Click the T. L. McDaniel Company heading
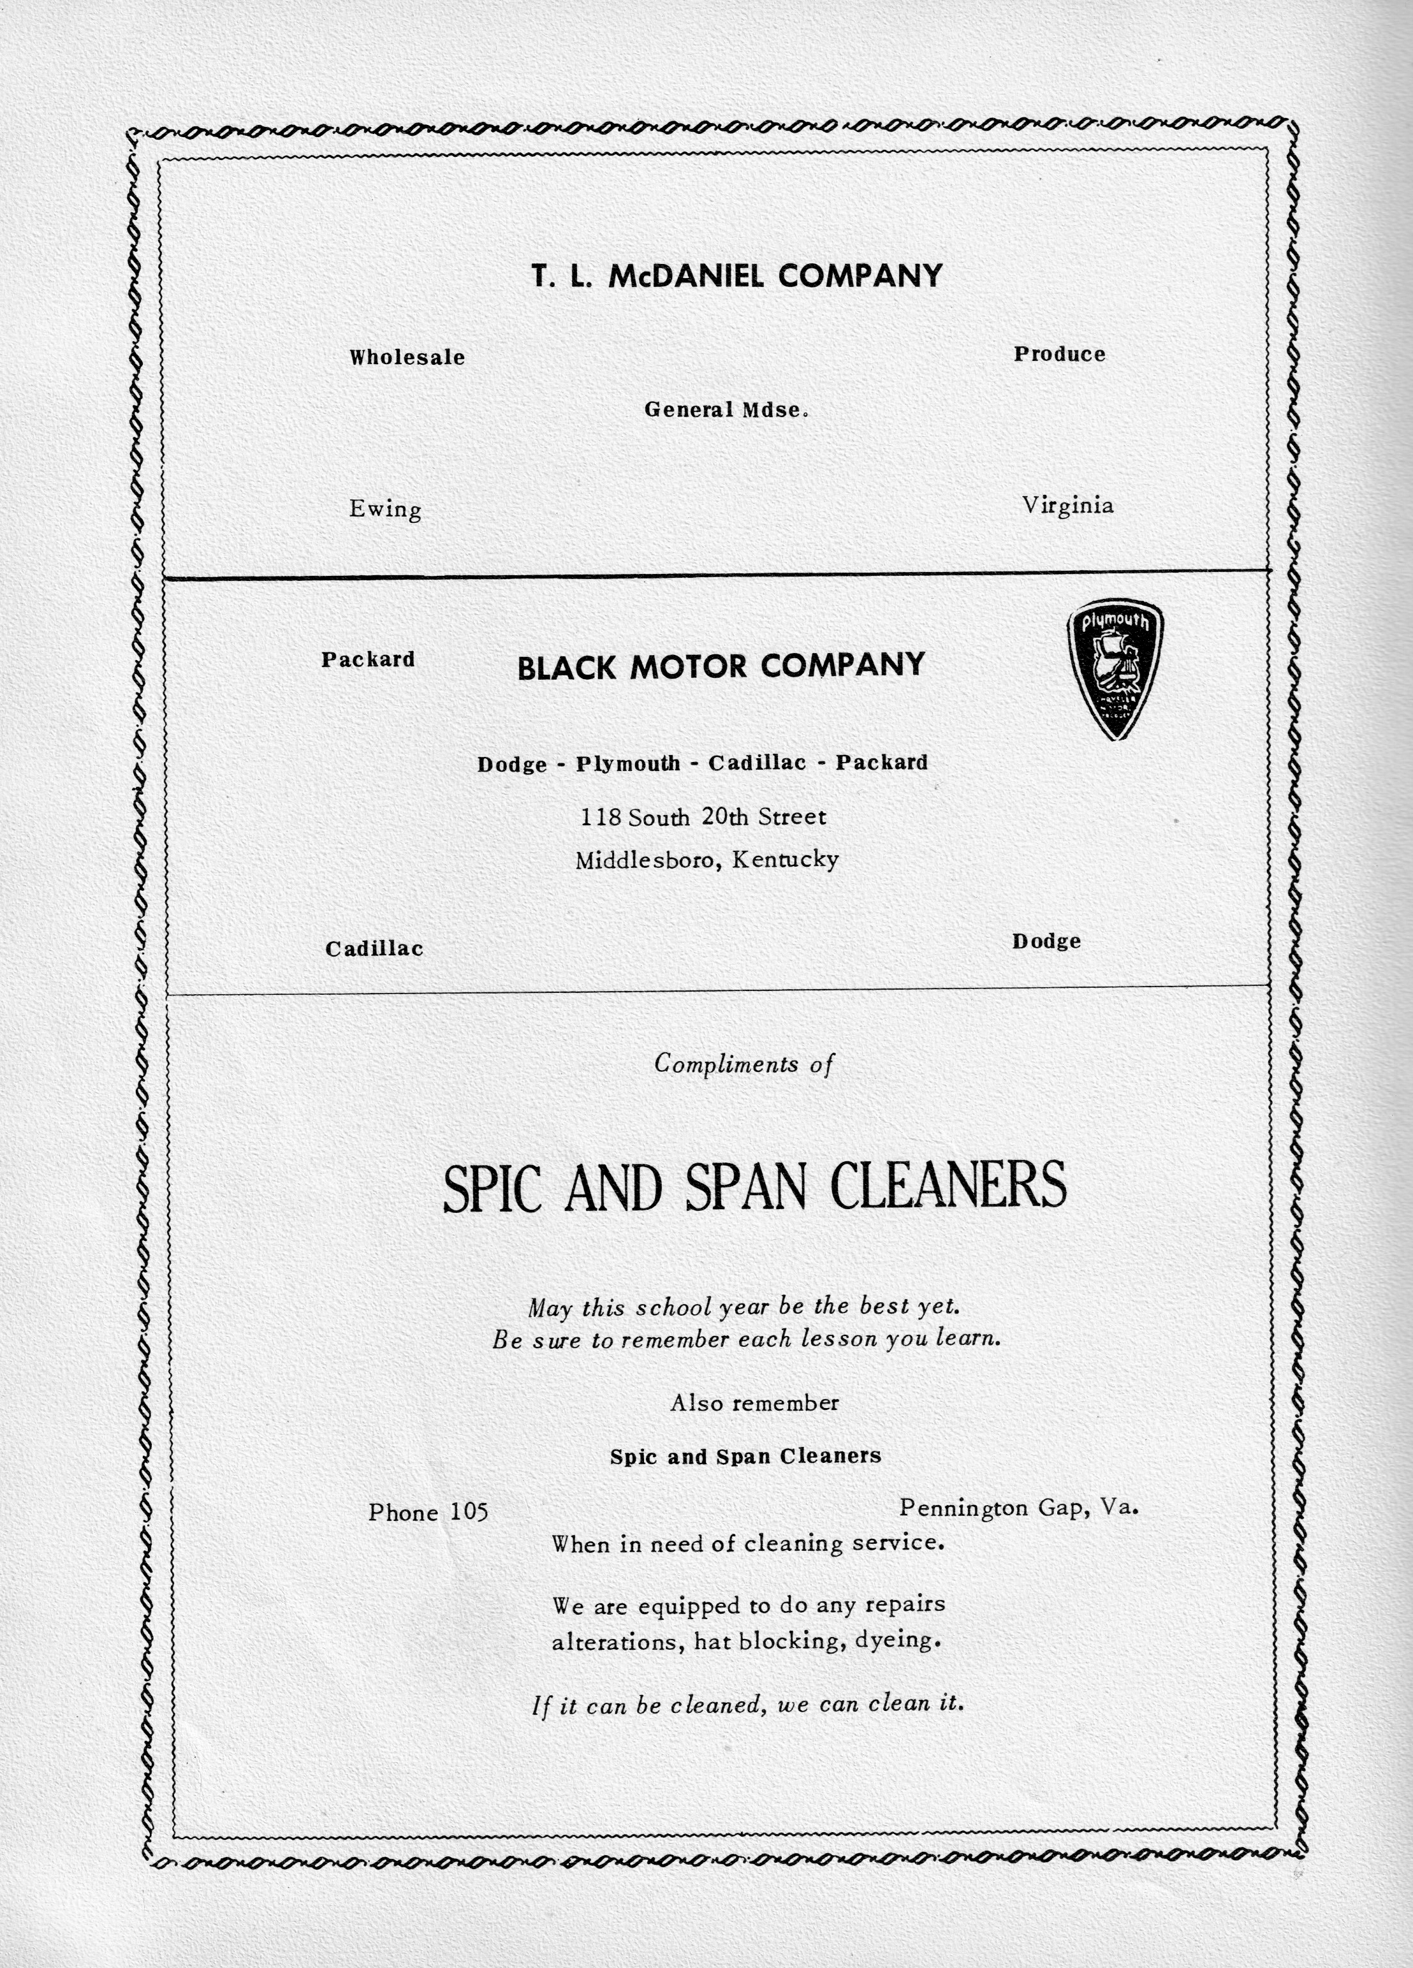736,276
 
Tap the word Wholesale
407,358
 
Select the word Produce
1059,354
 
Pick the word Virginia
1067,505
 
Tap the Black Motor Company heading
721,666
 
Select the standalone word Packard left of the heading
368,659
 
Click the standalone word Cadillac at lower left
374,948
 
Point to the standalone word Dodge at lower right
1046,941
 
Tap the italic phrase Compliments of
743,1064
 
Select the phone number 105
469,1513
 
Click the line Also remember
754,1403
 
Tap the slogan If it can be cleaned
748,1705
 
